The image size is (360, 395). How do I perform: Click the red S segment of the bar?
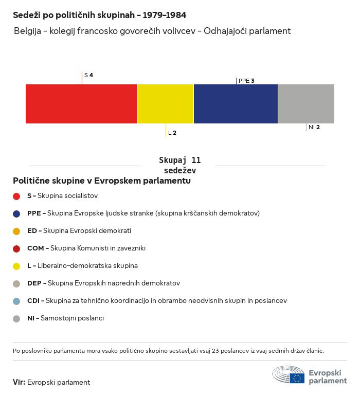tap(81, 104)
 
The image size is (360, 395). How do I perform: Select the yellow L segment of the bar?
tap(166, 104)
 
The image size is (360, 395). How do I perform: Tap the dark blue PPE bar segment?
tap(236, 104)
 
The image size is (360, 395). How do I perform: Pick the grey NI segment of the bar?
tap(306, 104)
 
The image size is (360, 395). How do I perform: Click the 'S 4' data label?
tap(88, 75)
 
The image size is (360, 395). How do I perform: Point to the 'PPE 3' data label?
tap(246, 81)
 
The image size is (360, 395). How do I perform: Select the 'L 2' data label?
tap(172, 133)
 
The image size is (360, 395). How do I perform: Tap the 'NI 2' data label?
tap(314, 127)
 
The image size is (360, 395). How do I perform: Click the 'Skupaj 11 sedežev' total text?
tap(179, 165)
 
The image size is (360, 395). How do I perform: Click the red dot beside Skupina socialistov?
tap(16, 196)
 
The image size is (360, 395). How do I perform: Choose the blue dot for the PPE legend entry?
tap(16, 213)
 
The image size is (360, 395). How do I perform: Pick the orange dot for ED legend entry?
tap(16, 231)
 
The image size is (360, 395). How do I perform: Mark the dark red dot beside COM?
tap(16, 248)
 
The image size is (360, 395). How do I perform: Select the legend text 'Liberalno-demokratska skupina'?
tap(87, 266)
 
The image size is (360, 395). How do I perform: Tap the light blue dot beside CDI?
tap(16, 301)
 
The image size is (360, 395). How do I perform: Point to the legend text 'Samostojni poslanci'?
tap(72, 318)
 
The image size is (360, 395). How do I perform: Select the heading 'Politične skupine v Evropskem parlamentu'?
tap(102, 181)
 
